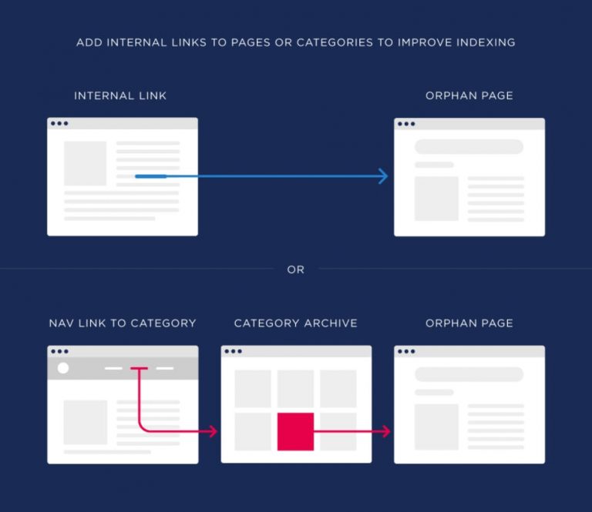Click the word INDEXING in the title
pos(486,42)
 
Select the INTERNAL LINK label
pos(120,95)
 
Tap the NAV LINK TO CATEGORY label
pos(123,323)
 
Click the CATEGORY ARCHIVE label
pos(296,323)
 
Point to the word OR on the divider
pos(296,269)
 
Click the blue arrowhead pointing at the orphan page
pos(384,176)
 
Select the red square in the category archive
pos(296,431)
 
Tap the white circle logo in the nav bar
pos(63,368)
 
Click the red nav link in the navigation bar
pos(139,368)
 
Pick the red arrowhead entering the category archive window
pos(214,431)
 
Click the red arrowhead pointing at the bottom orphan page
pos(387,431)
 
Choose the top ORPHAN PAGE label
pos(469,95)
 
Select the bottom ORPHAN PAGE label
pos(469,323)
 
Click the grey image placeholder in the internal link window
pos(86,163)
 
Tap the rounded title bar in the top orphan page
pos(469,146)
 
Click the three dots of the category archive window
pos(233,351)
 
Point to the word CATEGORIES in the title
pos(335,42)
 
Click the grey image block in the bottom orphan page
pos(436,427)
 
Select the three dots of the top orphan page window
pos(406,124)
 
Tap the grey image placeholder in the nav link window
pos(86,422)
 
